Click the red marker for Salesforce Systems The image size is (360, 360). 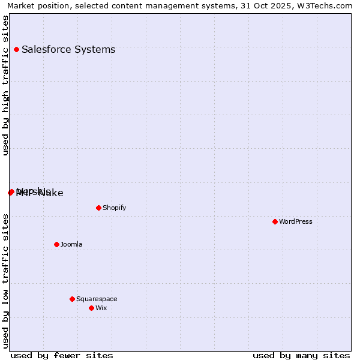16,50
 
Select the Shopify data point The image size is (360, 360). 98,208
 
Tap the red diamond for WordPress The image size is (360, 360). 275,222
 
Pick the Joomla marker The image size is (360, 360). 56,245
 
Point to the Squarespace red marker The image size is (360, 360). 72,299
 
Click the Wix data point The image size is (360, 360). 91,308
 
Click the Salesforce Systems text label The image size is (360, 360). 68,50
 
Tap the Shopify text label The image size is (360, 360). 114,208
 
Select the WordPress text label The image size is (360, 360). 296,222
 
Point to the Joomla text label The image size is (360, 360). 71,245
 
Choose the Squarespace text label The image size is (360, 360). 97,299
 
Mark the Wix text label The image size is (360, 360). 101,308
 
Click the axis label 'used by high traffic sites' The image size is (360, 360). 6,85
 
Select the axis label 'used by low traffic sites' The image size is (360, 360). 6,280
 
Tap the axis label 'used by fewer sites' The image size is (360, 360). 62,356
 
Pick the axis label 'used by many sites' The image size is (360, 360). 301,356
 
